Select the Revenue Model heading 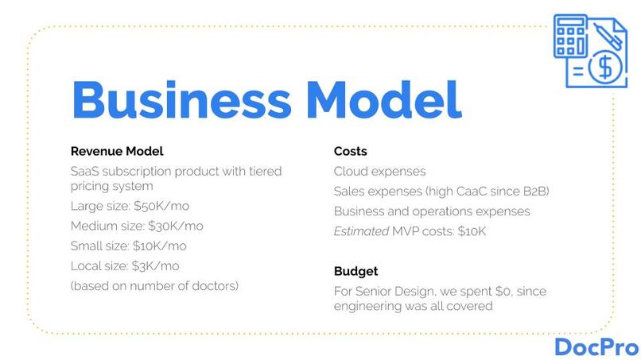tap(117, 151)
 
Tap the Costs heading tap(350, 151)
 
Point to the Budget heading tap(355, 272)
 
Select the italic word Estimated tap(362, 231)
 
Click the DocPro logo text tap(596, 346)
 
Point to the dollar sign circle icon tap(605, 69)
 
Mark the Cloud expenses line tap(379, 172)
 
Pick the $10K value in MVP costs tap(468, 231)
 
